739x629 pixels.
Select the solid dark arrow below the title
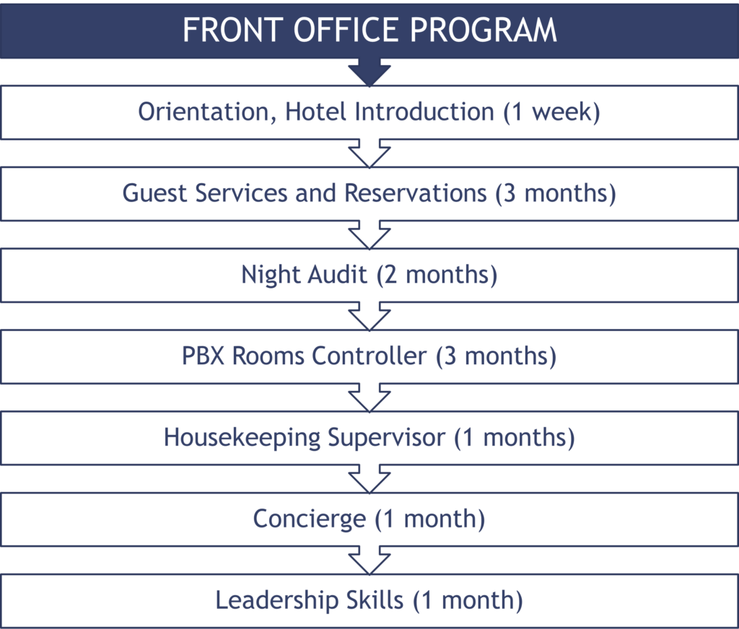(x=369, y=72)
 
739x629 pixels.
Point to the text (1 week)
(x=551, y=112)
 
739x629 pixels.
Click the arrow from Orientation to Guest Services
(x=369, y=154)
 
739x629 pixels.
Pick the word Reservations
(x=415, y=193)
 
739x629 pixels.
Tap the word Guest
(x=154, y=193)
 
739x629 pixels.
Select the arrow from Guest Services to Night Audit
(x=369, y=235)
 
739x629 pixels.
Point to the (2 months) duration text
(x=437, y=275)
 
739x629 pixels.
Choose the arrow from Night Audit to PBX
(x=369, y=317)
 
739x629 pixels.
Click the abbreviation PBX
(x=203, y=356)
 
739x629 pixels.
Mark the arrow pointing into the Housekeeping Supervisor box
(x=369, y=398)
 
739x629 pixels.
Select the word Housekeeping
(x=242, y=438)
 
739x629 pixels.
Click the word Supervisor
(x=387, y=438)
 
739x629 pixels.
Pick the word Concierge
(x=309, y=519)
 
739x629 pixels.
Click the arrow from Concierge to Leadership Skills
(x=369, y=560)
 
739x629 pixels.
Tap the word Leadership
(x=277, y=600)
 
